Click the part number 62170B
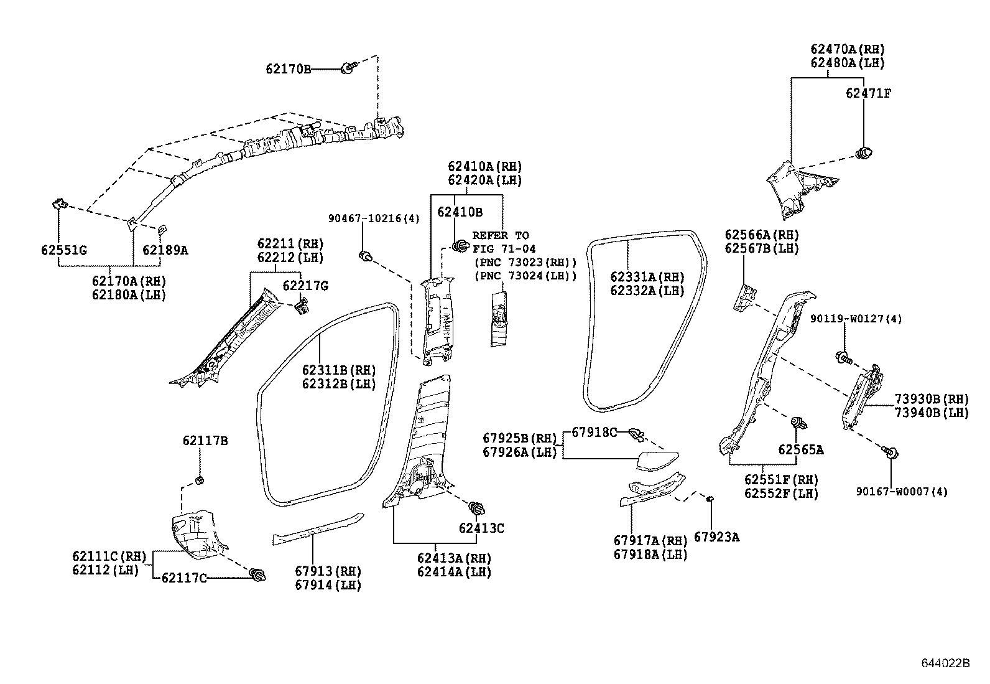[288, 69]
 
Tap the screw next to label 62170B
[348, 68]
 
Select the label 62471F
[868, 93]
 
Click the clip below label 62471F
[864, 151]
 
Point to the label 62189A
[165, 250]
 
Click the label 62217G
[305, 286]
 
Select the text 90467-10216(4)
[374, 218]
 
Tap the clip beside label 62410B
[460, 246]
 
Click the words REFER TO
[501, 235]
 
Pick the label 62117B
[205, 441]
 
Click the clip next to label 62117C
[256, 575]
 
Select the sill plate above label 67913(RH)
[317, 528]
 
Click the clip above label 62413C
[477, 507]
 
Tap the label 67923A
[716, 536]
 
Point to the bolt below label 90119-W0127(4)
[843, 358]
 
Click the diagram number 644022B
[945, 663]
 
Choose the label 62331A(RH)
[647, 278]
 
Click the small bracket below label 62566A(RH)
[746, 297]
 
